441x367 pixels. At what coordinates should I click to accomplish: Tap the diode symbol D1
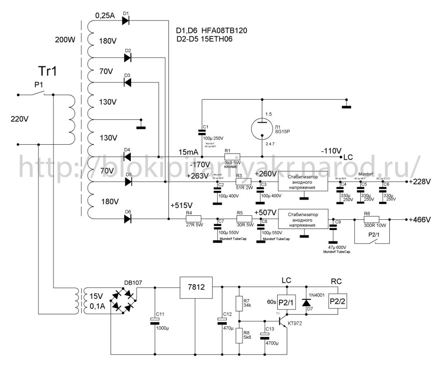(126, 20)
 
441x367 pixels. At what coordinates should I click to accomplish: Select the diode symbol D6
(128, 219)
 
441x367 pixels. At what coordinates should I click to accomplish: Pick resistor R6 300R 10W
(371, 219)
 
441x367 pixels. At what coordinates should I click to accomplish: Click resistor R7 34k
(240, 303)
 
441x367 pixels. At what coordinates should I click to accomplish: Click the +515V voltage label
(182, 205)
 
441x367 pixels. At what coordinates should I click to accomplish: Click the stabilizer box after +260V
(303, 182)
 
